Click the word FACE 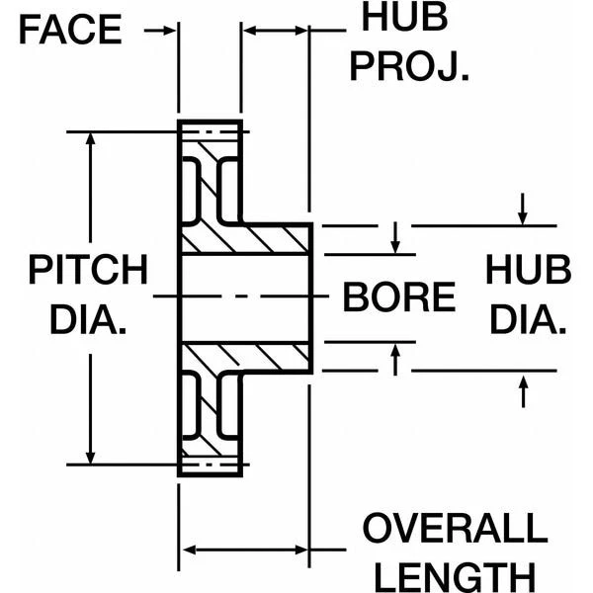pos(69,30)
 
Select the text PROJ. pos(408,66)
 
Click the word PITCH pos(87,270)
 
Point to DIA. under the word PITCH pos(87,320)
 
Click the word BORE pos(399,296)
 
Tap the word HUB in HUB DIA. pos(529,270)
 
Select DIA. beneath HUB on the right pos(529,320)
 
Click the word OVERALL pos(454,529)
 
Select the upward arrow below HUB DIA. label pos(524,391)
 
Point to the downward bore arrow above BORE pos(395,237)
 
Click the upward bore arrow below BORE pos(395,359)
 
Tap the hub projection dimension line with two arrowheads pos(276,31)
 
